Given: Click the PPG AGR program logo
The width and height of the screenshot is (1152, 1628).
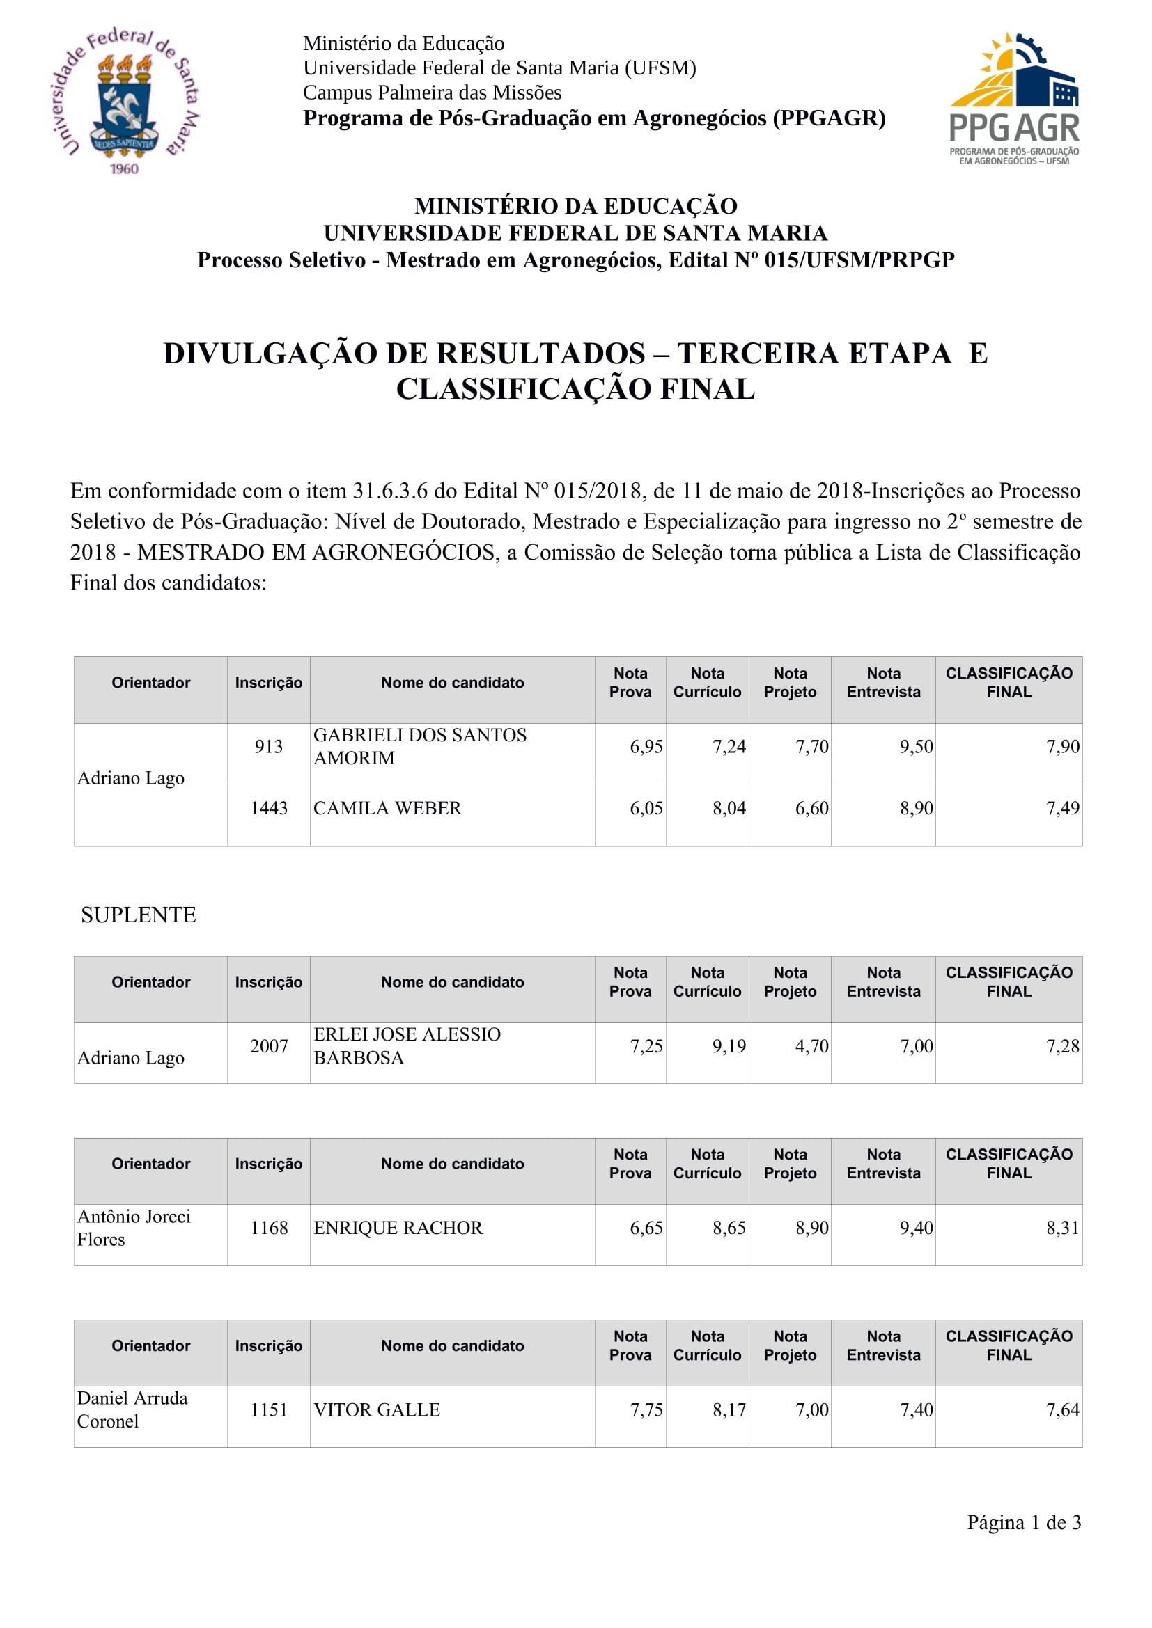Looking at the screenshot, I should point(1013,100).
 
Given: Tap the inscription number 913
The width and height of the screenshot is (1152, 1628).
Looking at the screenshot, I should point(268,747).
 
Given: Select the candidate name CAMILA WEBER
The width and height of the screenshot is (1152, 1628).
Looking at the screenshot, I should point(387,808).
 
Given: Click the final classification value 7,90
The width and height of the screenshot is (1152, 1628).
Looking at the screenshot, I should point(1062,747).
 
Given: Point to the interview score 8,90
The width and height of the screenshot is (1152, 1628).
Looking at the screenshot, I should point(916,808).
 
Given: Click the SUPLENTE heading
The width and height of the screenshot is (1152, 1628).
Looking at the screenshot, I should point(139,915).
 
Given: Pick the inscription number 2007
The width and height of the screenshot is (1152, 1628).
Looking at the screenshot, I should point(269,1046).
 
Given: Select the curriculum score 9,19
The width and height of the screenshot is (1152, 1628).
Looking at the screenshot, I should point(729,1046).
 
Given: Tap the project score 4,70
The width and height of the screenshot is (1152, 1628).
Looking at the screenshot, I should point(811,1046).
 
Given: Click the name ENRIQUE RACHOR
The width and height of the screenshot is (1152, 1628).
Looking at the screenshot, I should point(398,1227).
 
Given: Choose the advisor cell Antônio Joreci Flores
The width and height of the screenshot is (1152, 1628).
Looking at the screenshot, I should point(133,1227).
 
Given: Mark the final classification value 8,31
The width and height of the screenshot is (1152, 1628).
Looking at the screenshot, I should point(1062,1227).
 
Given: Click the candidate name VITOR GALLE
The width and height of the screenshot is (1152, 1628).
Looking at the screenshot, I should point(377,1409).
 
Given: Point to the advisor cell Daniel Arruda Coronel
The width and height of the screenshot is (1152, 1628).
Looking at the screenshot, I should point(132,1409).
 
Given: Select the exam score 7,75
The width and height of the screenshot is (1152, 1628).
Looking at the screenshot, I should point(646,1409).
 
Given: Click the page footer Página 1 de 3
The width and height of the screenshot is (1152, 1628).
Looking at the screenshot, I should point(1024,1522).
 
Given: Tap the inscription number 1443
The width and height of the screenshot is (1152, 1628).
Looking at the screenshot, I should point(269,808).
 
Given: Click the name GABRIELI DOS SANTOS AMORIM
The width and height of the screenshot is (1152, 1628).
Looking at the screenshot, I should point(420,747).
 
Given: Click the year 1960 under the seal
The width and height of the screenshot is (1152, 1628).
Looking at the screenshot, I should point(124,168).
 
